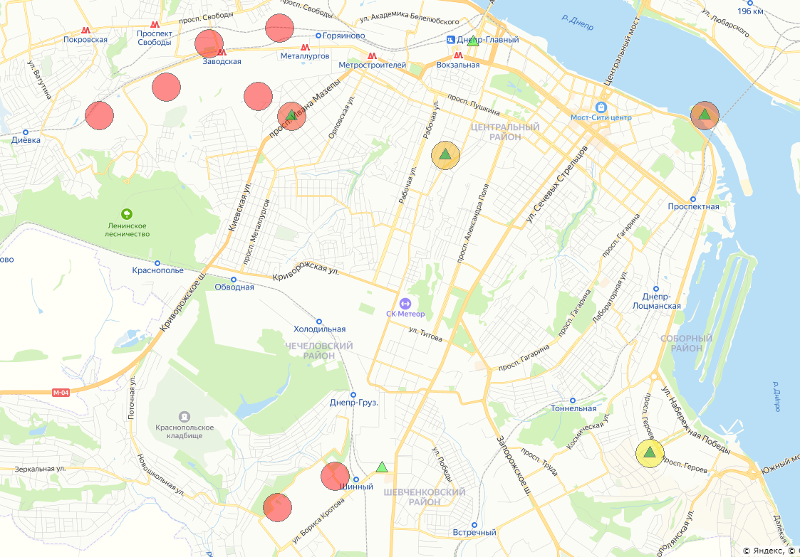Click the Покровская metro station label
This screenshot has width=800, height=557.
coord(85,40)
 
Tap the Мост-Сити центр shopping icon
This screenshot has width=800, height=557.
coord(601,106)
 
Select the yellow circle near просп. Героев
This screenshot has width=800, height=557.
coord(650,452)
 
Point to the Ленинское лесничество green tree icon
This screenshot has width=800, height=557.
coord(127,213)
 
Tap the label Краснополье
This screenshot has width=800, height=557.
coord(158,270)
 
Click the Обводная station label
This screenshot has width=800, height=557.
coord(236,287)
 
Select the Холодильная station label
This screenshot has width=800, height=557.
coord(320,329)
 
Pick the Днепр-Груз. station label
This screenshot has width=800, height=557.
coord(353,402)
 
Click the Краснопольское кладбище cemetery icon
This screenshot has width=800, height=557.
coord(185,415)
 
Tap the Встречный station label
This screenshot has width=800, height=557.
coord(474,532)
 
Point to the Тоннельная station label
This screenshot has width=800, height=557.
coord(573,408)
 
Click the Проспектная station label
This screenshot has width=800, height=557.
coord(693,206)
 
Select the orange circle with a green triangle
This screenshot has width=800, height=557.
coord(445,154)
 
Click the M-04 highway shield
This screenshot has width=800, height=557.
coord(61,392)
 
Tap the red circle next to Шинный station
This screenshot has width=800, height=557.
coord(335,476)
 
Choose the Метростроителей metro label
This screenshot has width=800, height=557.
coord(372,65)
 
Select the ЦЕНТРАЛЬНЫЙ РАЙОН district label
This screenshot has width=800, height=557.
coord(505,132)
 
